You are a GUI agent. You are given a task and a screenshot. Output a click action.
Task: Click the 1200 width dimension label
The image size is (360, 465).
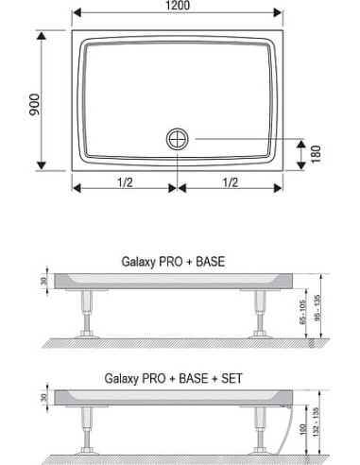(x=178, y=6)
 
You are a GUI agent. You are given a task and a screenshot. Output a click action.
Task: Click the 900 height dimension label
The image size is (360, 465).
(x=35, y=105)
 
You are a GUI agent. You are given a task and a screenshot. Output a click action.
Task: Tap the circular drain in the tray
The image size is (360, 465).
(x=178, y=139)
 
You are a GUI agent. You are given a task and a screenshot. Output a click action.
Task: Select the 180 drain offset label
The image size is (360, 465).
(x=316, y=154)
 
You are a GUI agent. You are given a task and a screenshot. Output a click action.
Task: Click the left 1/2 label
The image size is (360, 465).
(x=125, y=182)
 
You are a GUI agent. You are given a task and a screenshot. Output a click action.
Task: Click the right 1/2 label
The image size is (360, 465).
(x=231, y=182)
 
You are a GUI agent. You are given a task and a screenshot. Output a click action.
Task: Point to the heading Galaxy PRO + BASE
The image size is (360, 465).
(x=173, y=262)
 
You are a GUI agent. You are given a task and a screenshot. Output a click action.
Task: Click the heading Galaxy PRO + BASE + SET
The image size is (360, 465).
(x=173, y=378)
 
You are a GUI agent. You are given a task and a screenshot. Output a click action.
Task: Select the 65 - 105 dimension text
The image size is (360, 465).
(x=302, y=313)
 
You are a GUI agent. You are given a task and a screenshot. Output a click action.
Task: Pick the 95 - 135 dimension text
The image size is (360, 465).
(x=317, y=306)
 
